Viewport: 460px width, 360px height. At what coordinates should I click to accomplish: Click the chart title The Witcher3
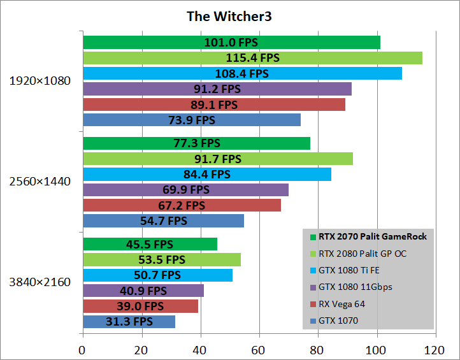[x=229, y=16]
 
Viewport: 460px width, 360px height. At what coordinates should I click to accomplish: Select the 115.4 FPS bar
[x=252, y=58]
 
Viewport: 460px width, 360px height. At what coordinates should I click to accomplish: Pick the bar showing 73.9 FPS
[x=191, y=120]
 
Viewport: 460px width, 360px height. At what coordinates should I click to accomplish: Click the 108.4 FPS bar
[x=242, y=73]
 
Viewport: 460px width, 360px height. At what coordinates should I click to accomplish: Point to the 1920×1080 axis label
[x=40, y=81]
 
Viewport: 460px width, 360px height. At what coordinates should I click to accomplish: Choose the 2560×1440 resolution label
[x=40, y=182]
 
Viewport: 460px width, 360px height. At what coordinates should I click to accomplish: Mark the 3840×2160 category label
[x=40, y=282]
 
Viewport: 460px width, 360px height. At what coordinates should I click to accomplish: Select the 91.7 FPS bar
[x=217, y=159]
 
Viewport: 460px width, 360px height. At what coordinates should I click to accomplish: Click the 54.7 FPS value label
[x=164, y=220]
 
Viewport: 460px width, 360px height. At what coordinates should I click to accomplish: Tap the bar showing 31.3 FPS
[x=129, y=322]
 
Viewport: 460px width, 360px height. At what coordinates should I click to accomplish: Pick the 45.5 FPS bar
[x=150, y=244]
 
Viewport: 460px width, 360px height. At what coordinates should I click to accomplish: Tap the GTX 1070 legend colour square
[x=312, y=320]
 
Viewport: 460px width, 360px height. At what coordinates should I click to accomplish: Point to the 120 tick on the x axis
[x=435, y=349]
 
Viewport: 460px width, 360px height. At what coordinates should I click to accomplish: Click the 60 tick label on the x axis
[x=259, y=349]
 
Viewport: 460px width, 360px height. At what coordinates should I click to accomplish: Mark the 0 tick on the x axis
[x=82, y=349]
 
